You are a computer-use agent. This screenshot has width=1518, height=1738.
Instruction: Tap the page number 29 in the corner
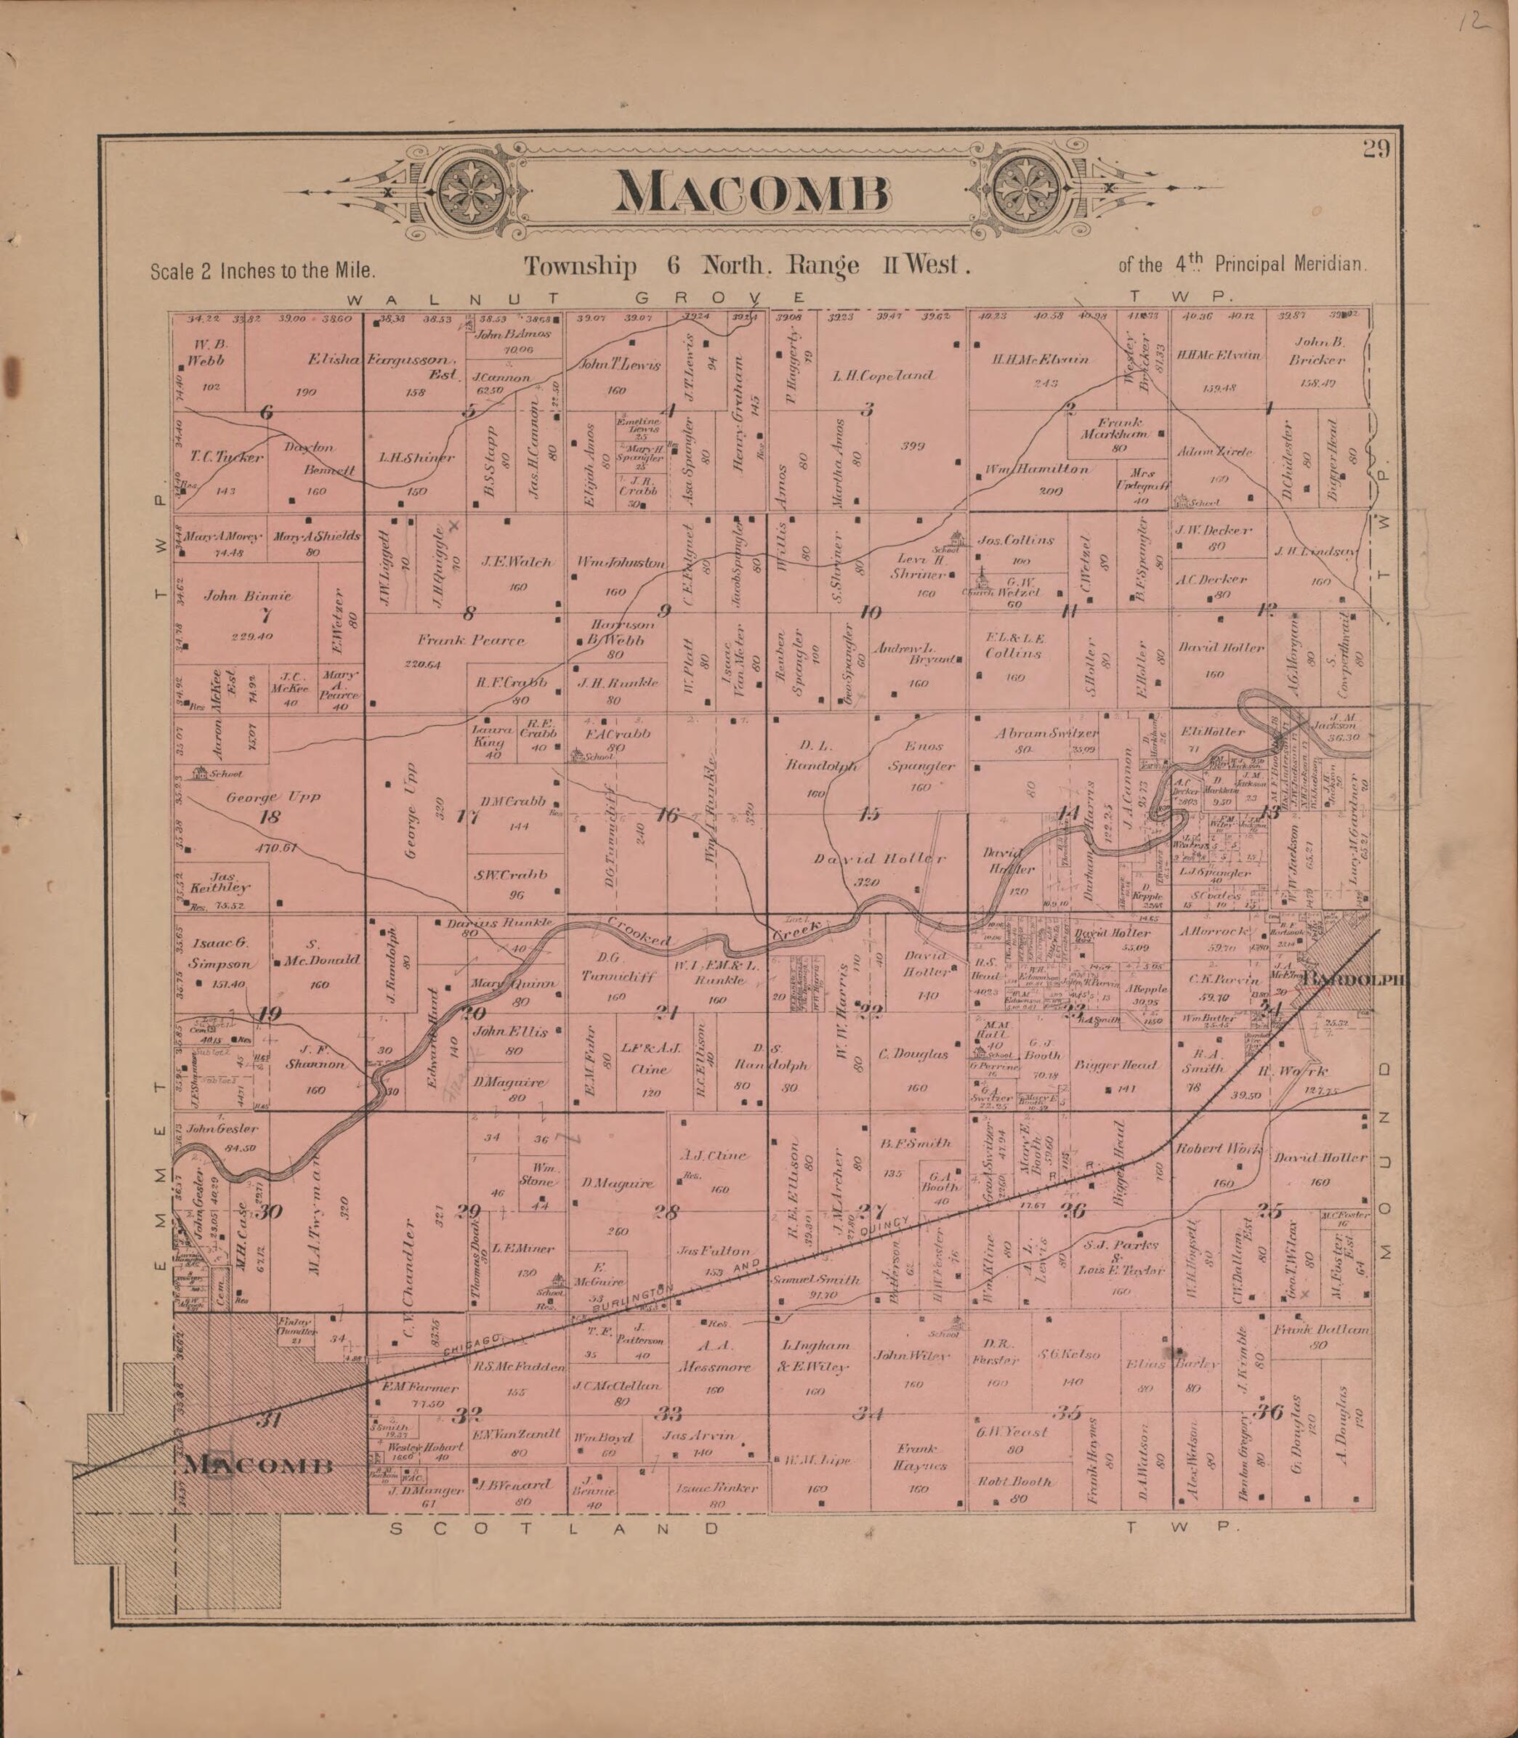tap(1376, 150)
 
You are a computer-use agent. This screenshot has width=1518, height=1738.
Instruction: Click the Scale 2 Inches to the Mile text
tap(262, 271)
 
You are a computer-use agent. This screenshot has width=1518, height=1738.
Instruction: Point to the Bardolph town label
tap(1355, 980)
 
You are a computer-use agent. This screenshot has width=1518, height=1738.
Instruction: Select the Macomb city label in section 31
tap(259, 1466)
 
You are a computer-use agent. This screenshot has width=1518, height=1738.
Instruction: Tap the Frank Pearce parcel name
tap(471, 640)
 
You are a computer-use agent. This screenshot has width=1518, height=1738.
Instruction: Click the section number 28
tap(666, 1212)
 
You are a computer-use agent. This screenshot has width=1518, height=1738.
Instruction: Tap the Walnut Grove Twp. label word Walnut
tap(453, 298)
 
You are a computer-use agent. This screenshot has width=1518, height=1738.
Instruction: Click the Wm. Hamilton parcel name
tap(1035, 469)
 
